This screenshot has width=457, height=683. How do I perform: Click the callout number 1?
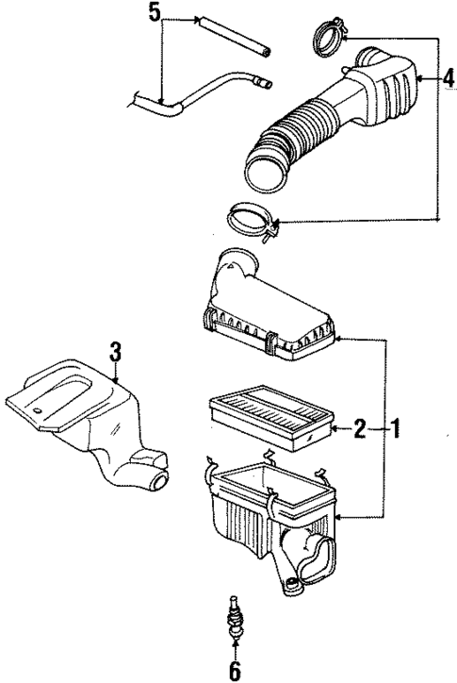pos(397,430)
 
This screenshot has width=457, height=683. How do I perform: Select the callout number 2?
pos(360,430)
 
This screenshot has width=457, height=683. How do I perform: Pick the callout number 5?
pos(155,12)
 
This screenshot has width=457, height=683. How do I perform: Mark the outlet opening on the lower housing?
pos(317,557)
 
